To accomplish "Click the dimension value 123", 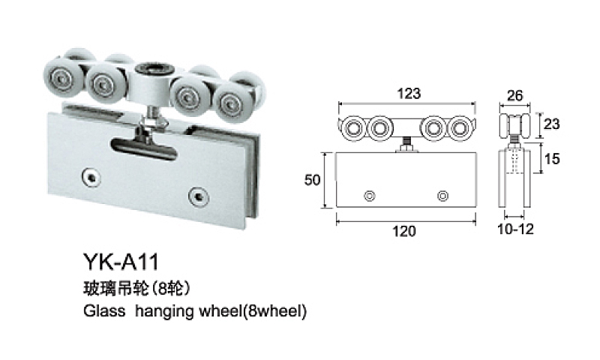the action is tap(409, 93).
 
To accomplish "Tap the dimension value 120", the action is tap(403, 231).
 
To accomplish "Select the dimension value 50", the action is tap(312, 179).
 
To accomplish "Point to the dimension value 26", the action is tap(514, 95).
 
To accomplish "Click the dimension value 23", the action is tap(551, 124).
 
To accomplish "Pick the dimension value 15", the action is tap(552, 158).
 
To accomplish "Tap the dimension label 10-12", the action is tap(515, 229).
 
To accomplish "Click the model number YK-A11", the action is tap(121, 262).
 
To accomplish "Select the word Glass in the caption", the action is tap(104, 310).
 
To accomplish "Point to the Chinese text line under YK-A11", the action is tap(137, 289).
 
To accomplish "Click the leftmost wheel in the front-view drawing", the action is tap(352, 128).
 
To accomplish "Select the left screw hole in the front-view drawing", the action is tap(369, 196).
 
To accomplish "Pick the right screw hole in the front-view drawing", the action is tap(442, 196).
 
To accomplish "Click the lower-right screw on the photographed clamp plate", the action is tap(199, 196).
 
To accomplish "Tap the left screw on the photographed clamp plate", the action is tap(91, 176).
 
